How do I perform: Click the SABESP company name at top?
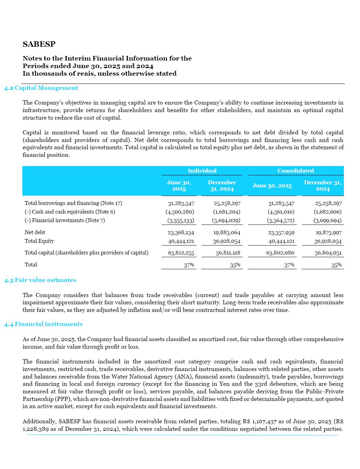[39, 44]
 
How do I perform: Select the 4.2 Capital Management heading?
[41, 88]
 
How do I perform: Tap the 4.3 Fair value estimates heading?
[40, 280]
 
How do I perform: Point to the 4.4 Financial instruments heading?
[43, 324]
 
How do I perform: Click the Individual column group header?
[202, 171]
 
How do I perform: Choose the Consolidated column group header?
[295, 171]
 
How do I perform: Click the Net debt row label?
[35, 232]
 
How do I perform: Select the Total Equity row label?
[39, 241]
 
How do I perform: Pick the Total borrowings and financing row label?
[73, 203]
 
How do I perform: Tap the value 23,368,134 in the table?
[181, 233]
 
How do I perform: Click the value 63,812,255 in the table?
[181, 253]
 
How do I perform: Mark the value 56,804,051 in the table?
[328, 253]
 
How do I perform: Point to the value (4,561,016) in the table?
[281, 212]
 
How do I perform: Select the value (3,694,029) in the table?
[226, 220]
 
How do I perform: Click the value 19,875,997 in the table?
[328, 233]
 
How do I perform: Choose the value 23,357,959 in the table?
[281, 233]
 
